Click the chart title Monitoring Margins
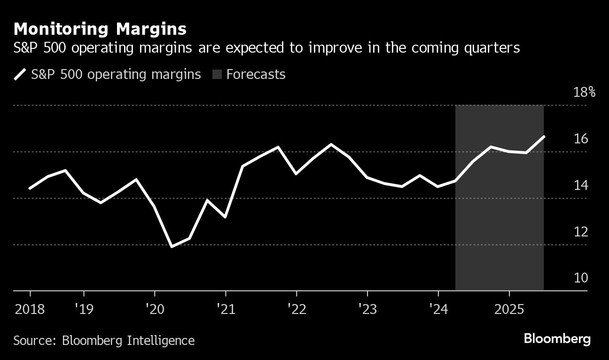[x=100, y=29]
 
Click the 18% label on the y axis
[x=585, y=92]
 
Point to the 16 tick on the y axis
[x=581, y=139]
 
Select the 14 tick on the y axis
[x=581, y=185]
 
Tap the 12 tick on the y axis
[x=581, y=232]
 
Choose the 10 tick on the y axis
[x=581, y=278]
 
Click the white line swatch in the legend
[x=20, y=74]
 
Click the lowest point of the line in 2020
[x=172, y=246]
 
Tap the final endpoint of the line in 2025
[x=544, y=137]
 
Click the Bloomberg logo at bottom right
[x=557, y=339]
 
